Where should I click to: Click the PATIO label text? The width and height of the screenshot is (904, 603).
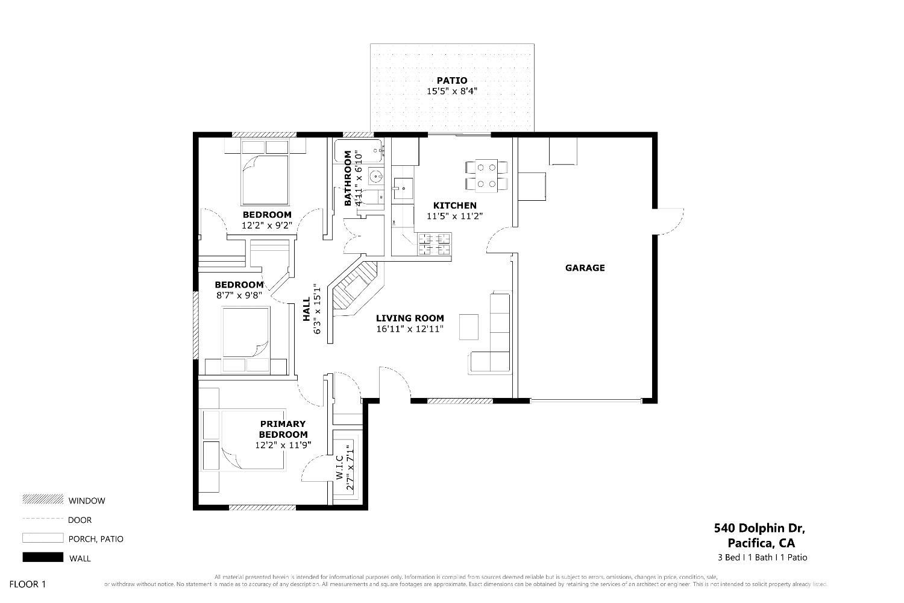(451, 80)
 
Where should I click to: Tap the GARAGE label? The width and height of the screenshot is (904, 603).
(585, 268)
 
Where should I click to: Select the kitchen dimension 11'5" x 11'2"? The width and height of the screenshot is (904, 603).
(454, 216)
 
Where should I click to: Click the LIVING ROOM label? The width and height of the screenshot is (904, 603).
(410, 318)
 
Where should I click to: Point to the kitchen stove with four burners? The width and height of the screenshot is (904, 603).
(435, 244)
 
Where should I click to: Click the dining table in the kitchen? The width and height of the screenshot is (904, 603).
(486, 175)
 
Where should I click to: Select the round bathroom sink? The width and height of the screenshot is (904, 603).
(376, 177)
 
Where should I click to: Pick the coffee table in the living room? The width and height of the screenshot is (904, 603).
(469, 327)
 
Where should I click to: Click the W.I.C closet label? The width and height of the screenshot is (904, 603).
(339, 468)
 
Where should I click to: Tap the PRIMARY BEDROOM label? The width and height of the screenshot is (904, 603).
(283, 429)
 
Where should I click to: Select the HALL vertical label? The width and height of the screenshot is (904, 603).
(306, 309)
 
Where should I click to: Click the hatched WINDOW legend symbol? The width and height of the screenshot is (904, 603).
(43, 499)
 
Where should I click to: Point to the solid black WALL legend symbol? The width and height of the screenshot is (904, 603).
(43, 557)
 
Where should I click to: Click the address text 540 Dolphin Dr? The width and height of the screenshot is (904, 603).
(759, 528)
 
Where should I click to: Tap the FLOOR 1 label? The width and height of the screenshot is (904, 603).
(28, 584)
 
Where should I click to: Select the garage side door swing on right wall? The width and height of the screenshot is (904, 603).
(669, 221)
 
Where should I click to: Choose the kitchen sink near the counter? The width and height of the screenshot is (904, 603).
(403, 189)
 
